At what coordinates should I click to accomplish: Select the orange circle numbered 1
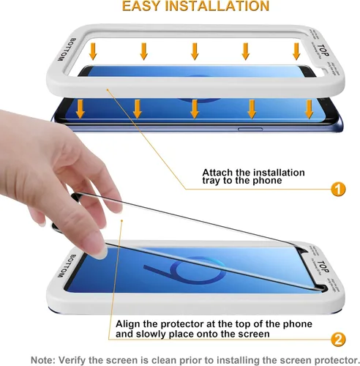338,190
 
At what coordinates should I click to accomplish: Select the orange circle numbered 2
339,339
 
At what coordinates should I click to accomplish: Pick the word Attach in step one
218,173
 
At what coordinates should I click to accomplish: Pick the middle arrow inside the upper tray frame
195,51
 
